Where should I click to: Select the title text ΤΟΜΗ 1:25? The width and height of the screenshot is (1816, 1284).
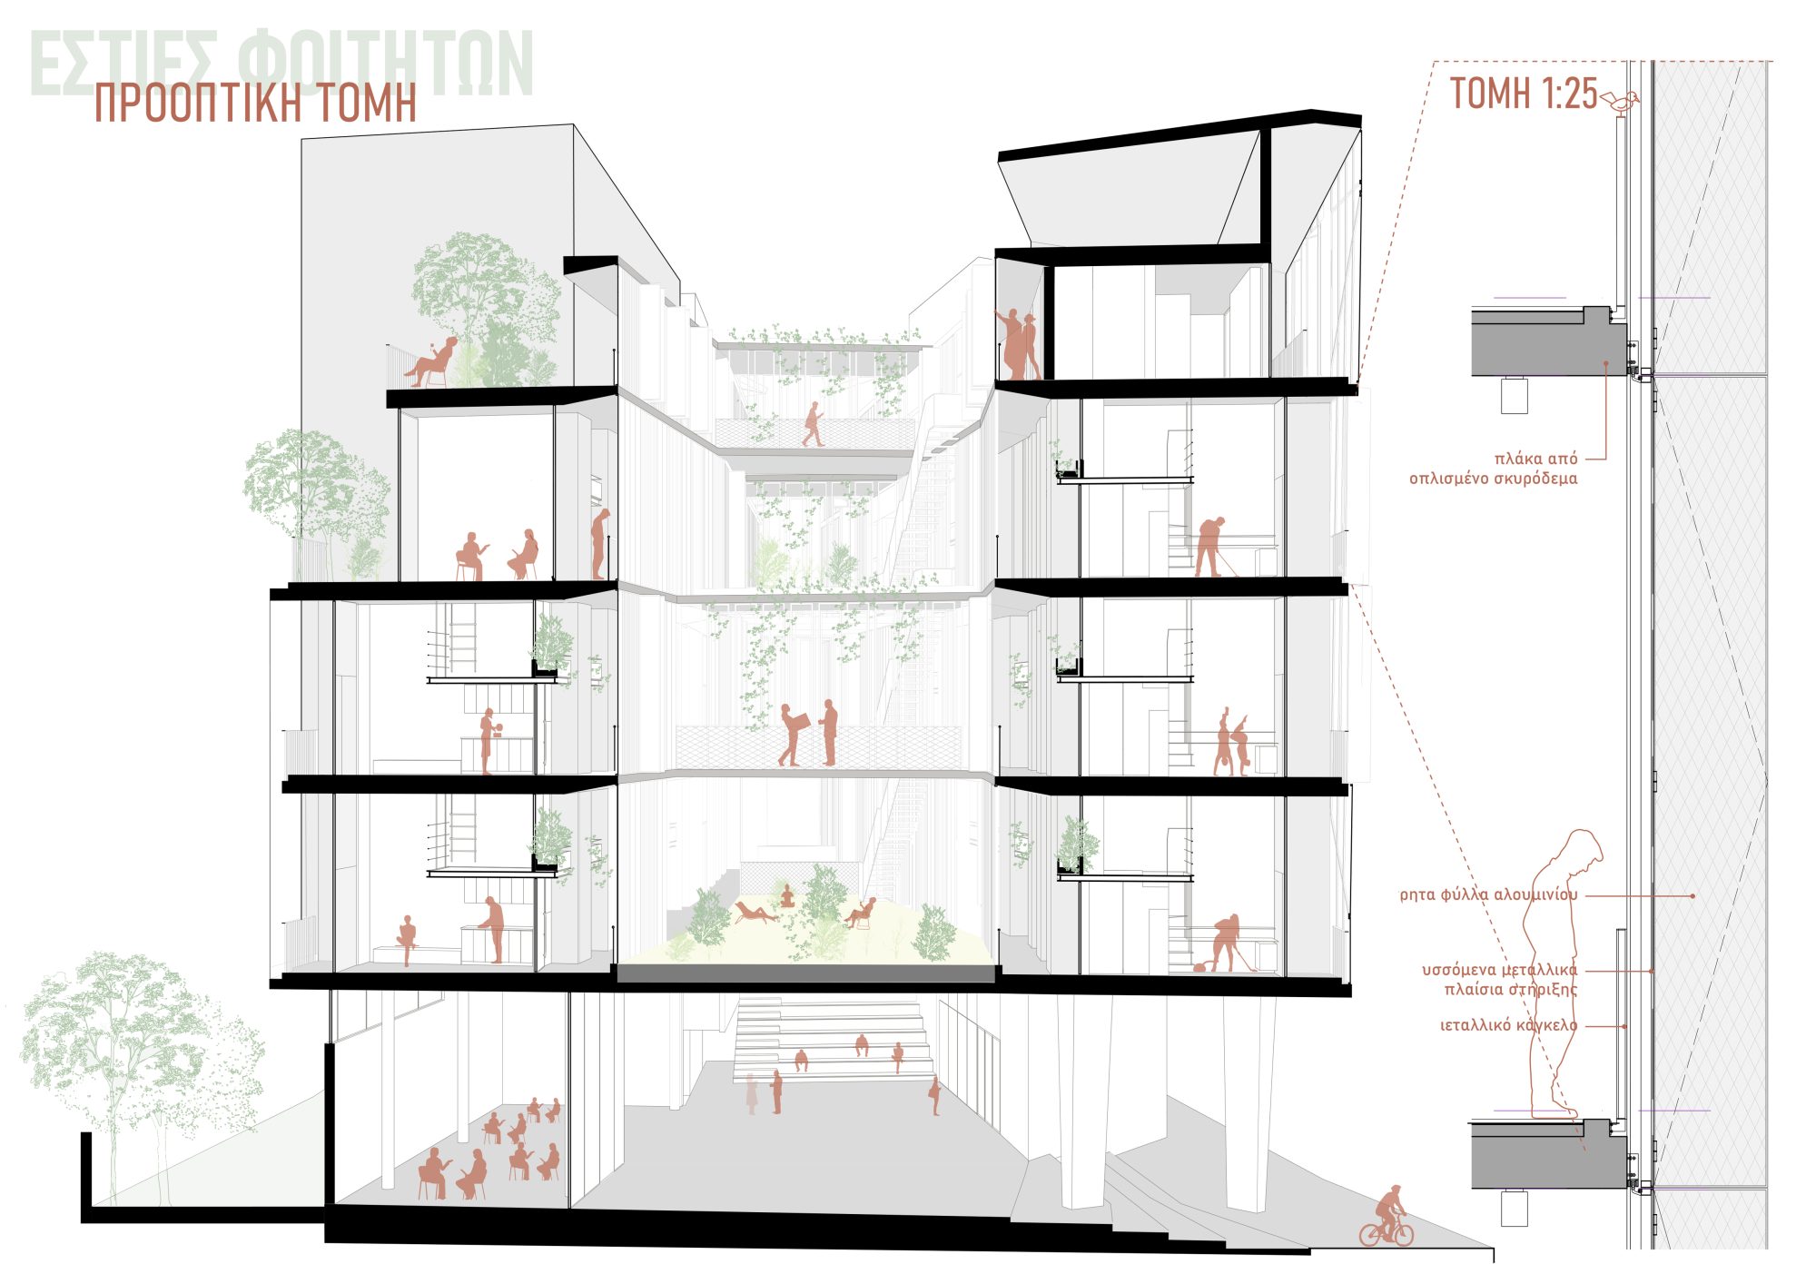coord(1523,93)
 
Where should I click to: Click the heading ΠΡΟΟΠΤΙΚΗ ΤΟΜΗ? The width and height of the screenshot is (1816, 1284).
coord(255,104)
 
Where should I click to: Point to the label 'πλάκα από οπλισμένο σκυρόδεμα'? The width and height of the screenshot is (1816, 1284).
coord(1494,469)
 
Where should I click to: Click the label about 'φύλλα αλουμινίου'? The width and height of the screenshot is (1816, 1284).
coord(1489,894)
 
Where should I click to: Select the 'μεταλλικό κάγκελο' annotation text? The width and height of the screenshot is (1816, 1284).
coord(1508,1025)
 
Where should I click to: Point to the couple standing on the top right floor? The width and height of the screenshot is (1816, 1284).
coord(1019,344)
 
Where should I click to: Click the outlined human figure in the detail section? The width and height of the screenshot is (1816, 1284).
coord(1564,972)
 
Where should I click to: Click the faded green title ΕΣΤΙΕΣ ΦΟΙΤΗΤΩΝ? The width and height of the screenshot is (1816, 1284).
coord(281,64)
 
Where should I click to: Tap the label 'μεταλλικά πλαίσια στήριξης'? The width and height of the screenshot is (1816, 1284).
coord(1500,979)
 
